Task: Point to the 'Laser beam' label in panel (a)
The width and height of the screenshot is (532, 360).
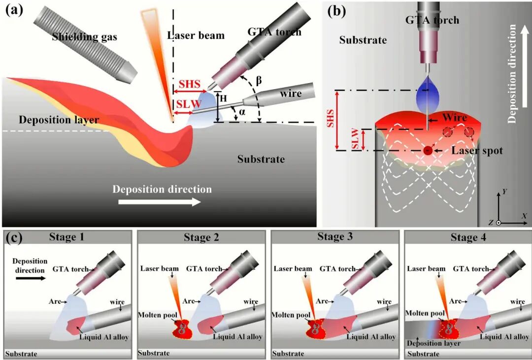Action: click(196, 35)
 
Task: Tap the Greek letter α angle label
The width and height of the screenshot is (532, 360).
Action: click(242, 112)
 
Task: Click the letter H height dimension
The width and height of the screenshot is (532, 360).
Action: click(223, 98)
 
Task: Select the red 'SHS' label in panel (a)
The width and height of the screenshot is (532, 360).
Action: click(190, 84)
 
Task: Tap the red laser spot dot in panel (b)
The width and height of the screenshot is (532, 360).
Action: click(428, 150)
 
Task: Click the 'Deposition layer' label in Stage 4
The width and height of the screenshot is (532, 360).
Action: click(434, 343)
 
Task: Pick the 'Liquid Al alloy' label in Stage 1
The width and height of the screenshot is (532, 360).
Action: click(103, 337)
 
